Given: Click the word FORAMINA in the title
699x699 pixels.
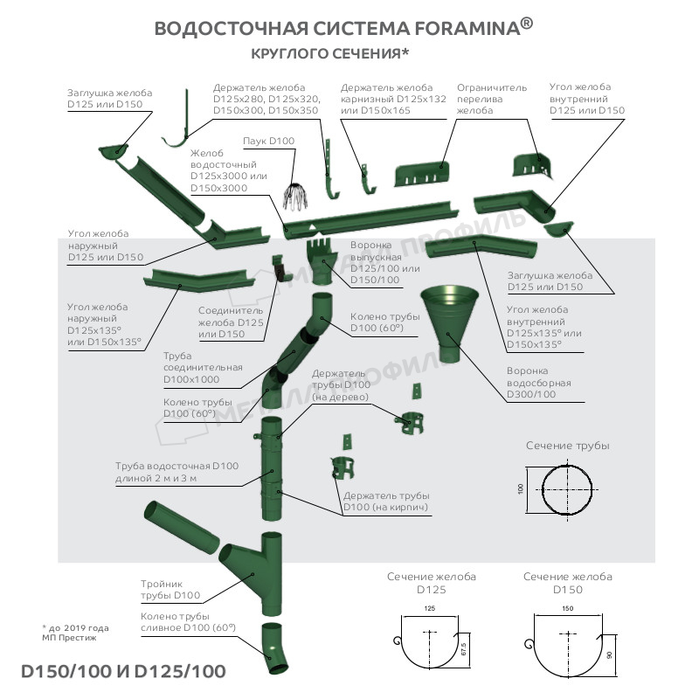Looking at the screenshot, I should click(x=466, y=28).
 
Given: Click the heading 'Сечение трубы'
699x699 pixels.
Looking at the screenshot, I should click(x=567, y=446).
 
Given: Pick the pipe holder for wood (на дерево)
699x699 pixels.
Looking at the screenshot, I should click(x=413, y=422).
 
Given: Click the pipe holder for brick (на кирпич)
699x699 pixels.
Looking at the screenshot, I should click(x=343, y=467).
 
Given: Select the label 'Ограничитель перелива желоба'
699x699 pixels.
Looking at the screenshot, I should click(x=492, y=100).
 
